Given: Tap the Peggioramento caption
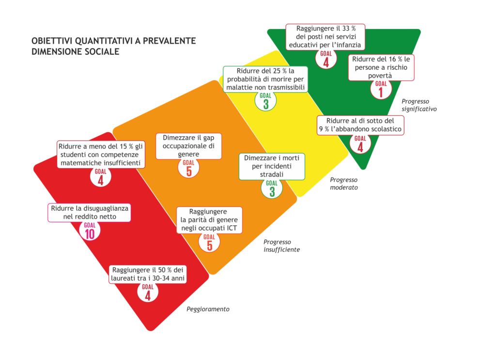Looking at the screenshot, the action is pyautogui.click(x=208, y=309).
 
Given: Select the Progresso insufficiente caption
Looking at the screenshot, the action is pyautogui.click(x=281, y=246).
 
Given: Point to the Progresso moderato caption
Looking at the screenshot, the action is pyautogui.click(x=344, y=184).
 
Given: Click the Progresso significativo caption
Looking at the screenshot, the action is pyautogui.click(x=419, y=105).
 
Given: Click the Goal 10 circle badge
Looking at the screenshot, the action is pyautogui.click(x=90, y=231).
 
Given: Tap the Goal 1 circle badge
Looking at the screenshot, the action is pyautogui.click(x=381, y=89).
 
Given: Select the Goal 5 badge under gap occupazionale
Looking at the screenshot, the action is pyautogui.click(x=188, y=168).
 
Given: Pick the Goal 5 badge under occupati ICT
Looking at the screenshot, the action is pyautogui.click(x=209, y=242).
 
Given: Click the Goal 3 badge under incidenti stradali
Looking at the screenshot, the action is pyautogui.click(x=272, y=188).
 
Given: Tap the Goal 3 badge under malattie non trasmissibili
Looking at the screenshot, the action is pyautogui.click(x=266, y=101).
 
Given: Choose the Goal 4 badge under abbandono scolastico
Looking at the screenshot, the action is pyautogui.click(x=360, y=143).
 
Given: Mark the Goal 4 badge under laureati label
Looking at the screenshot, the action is pyautogui.click(x=148, y=292).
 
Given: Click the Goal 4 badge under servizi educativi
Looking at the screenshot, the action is pyautogui.click(x=326, y=59).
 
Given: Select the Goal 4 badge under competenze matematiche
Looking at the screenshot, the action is pyautogui.click(x=101, y=176).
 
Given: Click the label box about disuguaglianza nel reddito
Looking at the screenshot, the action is pyautogui.click(x=89, y=213).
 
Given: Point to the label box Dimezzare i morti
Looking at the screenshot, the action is pyautogui.click(x=272, y=166).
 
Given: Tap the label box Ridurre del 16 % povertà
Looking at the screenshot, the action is pyautogui.click(x=381, y=67).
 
